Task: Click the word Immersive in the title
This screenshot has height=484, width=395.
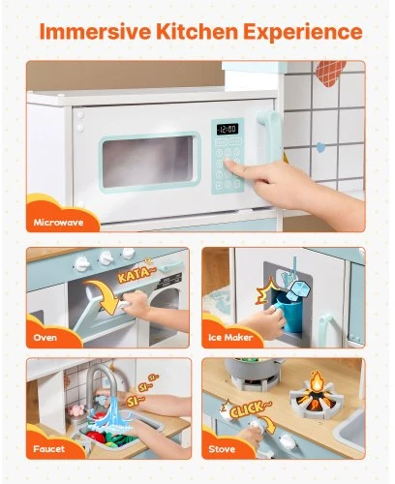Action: click(x=95, y=32)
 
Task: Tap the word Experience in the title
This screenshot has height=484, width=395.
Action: click(x=303, y=32)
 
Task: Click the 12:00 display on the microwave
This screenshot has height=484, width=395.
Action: click(x=228, y=129)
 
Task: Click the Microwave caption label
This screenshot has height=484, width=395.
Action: click(x=58, y=223)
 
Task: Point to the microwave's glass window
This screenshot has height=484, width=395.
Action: click(x=148, y=162)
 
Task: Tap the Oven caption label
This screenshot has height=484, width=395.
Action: click(x=45, y=338)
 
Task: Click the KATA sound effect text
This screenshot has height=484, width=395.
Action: click(x=135, y=273)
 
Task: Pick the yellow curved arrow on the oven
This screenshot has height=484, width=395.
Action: click(x=105, y=295)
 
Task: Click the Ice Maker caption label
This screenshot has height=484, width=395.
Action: click(x=230, y=338)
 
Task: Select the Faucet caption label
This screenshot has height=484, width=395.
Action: click(x=49, y=449)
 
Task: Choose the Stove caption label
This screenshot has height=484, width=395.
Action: click(x=222, y=449)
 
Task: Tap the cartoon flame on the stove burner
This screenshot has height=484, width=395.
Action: click(x=318, y=382)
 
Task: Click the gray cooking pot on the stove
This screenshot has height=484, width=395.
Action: click(x=252, y=369)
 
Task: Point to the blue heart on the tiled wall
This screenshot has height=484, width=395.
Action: click(x=320, y=147)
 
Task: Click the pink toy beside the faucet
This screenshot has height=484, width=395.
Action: click(x=76, y=410)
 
